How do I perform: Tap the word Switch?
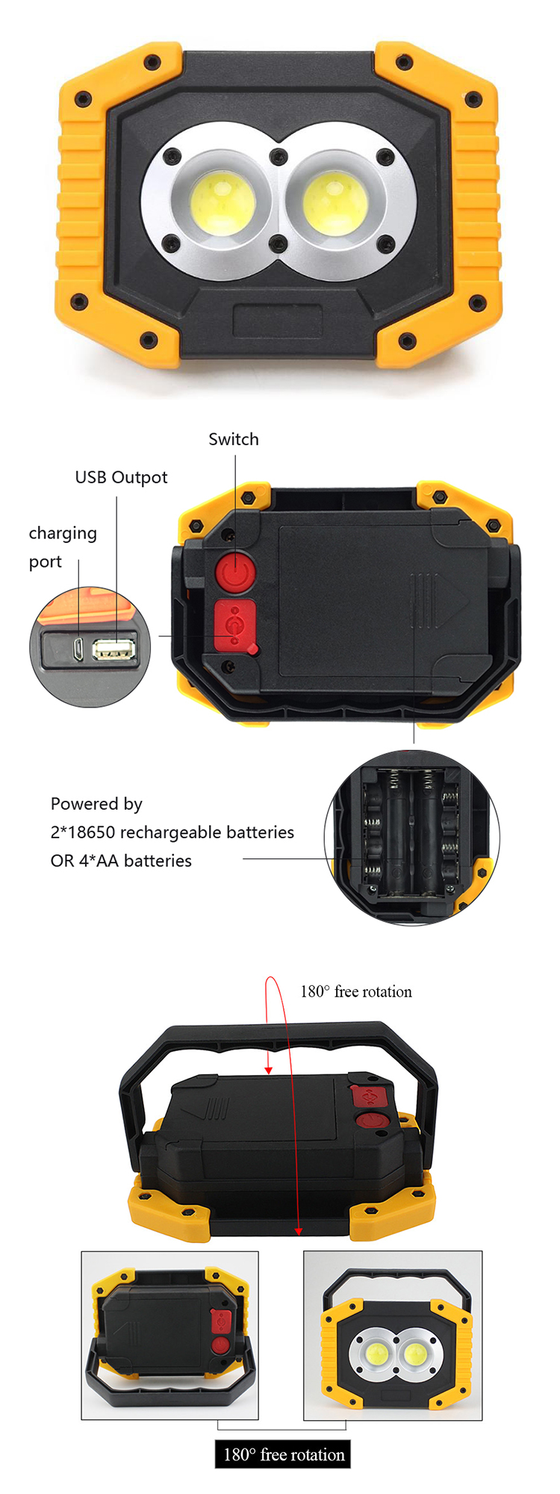(x=234, y=439)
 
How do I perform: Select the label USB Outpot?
(x=121, y=477)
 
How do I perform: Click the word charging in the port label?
(x=63, y=533)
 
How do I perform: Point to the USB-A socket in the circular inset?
(x=114, y=649)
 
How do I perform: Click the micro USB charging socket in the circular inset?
(x=78, y=649)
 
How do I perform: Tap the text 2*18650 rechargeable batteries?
(x=172, y=832)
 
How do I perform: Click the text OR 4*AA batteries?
(x=121, y=861)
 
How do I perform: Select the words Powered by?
(x=96, y=804)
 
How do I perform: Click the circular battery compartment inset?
(x=412, y=837)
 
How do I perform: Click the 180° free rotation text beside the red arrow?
(x=356, y=991)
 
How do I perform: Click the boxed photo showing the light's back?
(x=170, y=1336)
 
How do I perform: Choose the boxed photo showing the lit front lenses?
(x=393, y=1336)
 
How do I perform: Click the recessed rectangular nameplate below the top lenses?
(x=278, y=320)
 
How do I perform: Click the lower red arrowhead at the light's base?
(x=299, y=1231)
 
